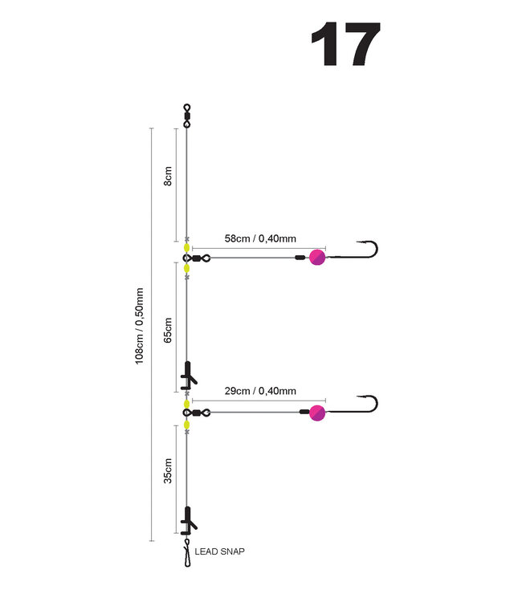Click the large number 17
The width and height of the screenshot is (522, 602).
click(345, 45)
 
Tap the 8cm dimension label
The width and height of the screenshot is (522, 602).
click(168, 177)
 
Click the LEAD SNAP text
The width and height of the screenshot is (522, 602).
click(220, 551)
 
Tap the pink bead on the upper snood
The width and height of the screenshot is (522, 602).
click(316, 258)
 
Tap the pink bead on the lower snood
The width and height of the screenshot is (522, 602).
click(317, 413)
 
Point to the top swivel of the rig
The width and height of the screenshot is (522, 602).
click(187, 116)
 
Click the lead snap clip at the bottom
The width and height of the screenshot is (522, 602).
click(187, 554)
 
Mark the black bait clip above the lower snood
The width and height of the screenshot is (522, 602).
click(189, 374)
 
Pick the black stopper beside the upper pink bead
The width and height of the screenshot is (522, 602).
click(300, 258)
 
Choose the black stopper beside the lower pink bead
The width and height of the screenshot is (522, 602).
click(304, 413)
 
